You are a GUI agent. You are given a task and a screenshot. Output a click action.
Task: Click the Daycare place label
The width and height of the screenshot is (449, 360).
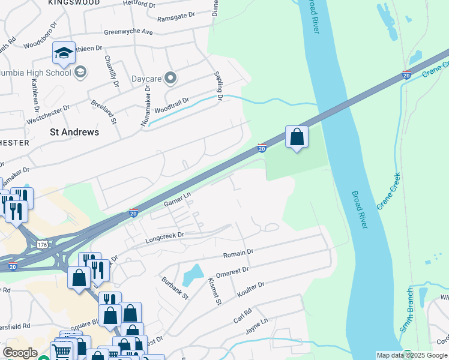(146, 79)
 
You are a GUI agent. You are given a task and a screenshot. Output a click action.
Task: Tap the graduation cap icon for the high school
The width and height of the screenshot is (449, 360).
(64, 54)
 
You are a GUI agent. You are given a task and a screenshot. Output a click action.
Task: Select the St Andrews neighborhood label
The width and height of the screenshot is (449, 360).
(74, 131)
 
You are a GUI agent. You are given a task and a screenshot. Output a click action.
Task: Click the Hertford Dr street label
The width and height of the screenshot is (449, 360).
(138, 5)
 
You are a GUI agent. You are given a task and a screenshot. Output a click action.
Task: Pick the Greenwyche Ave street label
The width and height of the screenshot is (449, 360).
(128, 31)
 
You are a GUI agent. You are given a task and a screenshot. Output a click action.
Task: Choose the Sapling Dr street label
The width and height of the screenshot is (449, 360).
(219, 86)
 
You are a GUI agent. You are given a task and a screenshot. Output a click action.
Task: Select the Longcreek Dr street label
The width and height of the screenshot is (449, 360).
(163, 238)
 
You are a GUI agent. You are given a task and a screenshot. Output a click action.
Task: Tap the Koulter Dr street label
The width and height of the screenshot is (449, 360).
(250, 289)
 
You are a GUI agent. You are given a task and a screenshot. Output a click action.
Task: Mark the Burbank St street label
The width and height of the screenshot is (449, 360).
(175, 288)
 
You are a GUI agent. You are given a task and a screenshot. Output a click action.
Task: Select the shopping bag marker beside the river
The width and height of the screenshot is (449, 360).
(297, 137)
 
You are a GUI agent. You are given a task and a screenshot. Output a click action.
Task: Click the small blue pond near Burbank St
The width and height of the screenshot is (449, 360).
(193, 275)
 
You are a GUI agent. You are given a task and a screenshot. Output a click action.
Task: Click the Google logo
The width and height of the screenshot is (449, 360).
(20, 353)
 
